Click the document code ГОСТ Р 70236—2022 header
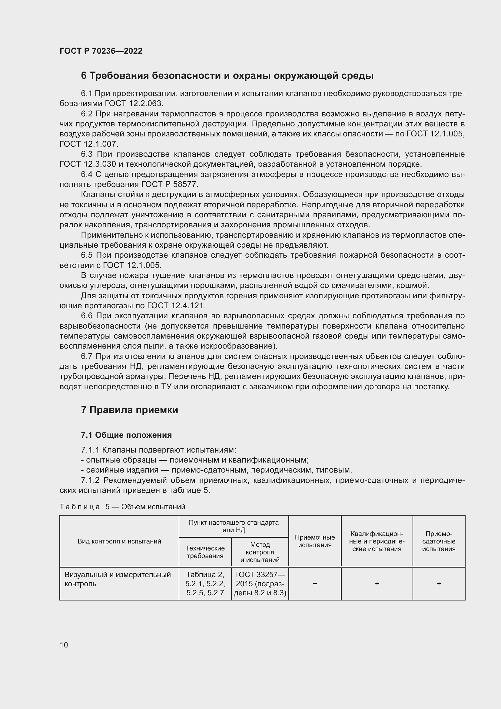point(101,51)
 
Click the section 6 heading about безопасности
point(227,76)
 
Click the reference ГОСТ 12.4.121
point(176,306)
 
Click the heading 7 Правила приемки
point(130,410)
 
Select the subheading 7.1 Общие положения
point(126,435)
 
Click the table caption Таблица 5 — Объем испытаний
point(122,507)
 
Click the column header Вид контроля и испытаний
point(119,541)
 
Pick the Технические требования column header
point(205,552)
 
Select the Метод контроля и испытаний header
point(260,552)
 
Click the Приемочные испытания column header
point(315,541)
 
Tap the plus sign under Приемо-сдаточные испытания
point(439,583)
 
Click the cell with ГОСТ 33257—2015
point(260,583)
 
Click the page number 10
point(64,645)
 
